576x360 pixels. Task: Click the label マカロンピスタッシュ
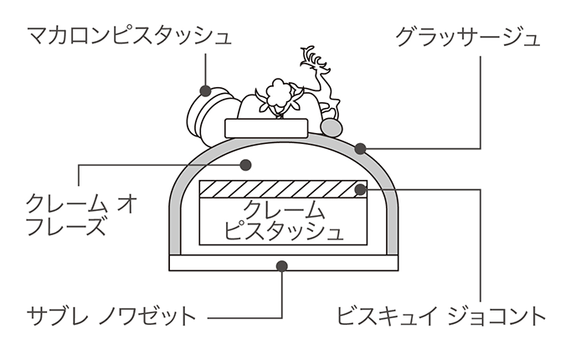[x=128, y=37]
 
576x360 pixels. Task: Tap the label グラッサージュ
[x=467, y=37]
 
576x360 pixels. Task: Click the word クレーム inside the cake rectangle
[x=282, y=208]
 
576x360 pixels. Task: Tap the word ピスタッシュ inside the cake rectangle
[x=282, y=230]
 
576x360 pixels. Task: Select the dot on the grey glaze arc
[x=361, y=150]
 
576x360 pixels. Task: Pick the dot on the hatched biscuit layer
[x=360, y=188]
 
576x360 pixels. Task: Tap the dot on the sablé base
[x=281, y=266]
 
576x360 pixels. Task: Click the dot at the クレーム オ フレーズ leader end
[x=245, y=163]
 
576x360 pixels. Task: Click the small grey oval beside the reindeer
[x=332, y=126]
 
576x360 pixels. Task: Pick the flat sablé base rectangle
[x=282, y=263]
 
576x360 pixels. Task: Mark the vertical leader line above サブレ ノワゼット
[x=282, y=293]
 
